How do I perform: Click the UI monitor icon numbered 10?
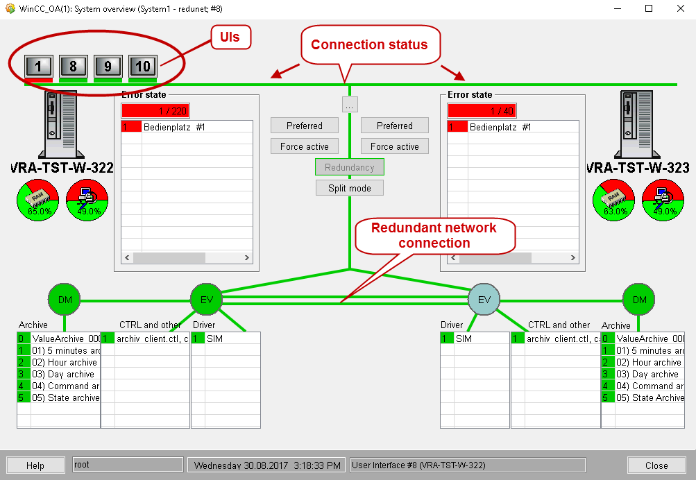143,67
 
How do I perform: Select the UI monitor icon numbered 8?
74,67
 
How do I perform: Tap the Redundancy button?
350,167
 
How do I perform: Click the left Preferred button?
305,126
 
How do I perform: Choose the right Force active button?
395,146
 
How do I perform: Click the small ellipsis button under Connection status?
350,105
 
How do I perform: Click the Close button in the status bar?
656,465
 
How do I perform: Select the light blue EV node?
484,300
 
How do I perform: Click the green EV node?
206,300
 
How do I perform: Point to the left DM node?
65,300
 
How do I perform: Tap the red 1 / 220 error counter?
155,111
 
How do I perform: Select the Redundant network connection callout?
434,236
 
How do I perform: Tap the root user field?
128,465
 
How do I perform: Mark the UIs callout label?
230,37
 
